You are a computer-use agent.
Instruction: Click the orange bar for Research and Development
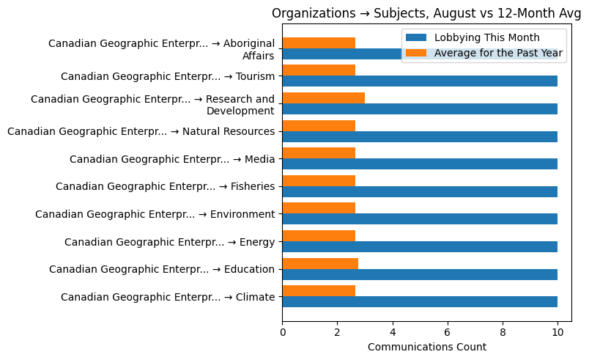click(x=323, y=98)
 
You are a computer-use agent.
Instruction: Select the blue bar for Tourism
click(x=420, y=81)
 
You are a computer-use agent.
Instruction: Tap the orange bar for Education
click(x=320, y=263)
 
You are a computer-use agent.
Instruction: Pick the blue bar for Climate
click(x=420, y=301)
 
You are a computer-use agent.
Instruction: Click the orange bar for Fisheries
click(x=319, y=180)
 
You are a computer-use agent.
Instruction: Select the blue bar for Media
click(x=420, y=164)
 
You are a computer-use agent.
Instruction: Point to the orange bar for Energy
click(x=319, y=235)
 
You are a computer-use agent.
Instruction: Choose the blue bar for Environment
click(x=420, y=219)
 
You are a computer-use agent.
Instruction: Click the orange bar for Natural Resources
click(x=319, y=125)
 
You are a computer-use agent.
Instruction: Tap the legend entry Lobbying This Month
click(x=486, y=38)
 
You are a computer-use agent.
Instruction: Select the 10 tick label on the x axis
click(x=557, y=333)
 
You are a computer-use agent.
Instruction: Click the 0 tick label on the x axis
click(x=283, y=333)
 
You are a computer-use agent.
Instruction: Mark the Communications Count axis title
click(x=426, y=347)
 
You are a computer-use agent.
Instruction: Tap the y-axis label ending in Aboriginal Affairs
click(x=161, y=49)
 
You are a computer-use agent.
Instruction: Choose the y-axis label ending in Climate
click(x=168, y=297)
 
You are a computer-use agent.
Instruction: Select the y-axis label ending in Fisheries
click(x=165, y=187)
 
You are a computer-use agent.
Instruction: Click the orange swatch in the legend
click(x=416, y=52)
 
